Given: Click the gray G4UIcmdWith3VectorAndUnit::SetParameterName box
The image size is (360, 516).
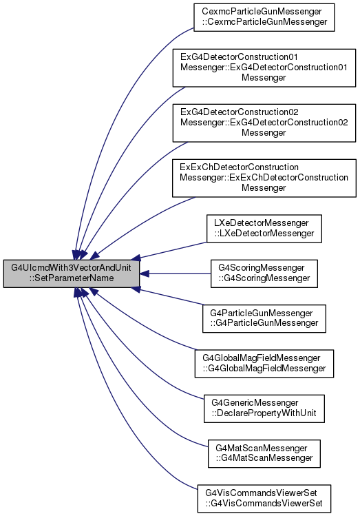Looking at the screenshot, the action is (x=72, y=274).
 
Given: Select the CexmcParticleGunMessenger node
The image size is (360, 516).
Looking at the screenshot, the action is (x=264, y=17).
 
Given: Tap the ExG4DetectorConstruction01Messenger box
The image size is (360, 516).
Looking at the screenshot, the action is (x=264, y=68).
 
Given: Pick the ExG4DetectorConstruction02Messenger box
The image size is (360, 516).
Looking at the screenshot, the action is (x=264, y=123).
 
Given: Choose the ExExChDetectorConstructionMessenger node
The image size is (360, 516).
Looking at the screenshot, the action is (x=264, y=178).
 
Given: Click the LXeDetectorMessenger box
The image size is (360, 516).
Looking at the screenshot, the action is (x=264, y=229).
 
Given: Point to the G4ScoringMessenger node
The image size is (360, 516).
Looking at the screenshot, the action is (x=264, y=274).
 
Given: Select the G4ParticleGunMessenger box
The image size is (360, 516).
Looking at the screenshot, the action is (x=264, y=318).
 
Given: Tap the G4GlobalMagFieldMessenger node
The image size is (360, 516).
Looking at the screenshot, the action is (x=264, y=364).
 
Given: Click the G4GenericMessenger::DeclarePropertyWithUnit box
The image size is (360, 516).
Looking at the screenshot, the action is (x=264, y=409).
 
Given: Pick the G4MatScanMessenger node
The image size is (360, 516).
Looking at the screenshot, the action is (x=264, y=453).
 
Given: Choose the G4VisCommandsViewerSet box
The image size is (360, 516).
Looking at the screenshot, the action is (x=264, y=499).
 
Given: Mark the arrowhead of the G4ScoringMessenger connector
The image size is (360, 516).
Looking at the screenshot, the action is (x=144, y=274).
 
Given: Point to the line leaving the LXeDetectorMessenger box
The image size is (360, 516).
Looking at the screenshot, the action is (x=173, y=250).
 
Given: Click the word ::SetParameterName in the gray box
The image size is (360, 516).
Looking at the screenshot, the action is (x=72, y=278).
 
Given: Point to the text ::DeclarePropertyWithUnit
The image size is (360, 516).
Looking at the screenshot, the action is (x=264, y=413).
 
